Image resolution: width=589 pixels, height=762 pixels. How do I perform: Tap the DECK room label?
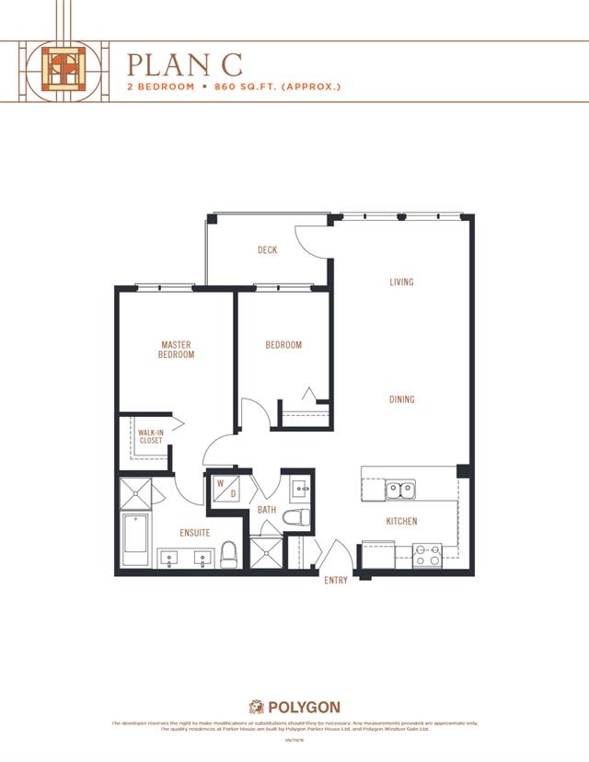[267, 250]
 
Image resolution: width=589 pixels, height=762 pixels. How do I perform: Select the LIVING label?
[400, 283]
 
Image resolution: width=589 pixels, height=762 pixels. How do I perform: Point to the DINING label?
[401, 399]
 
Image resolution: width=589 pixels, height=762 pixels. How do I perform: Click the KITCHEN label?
[401, 522]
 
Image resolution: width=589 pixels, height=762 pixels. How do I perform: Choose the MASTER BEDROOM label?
[176, 350]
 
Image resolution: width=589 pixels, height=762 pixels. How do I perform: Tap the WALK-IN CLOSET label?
[150, 436]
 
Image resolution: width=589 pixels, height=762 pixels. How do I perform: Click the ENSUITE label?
[194, 533]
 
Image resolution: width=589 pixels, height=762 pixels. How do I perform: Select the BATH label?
[267, 509]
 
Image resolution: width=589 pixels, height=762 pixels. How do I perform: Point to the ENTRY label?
[336, 581]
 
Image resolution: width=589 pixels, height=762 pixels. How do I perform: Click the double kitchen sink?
[398, 489]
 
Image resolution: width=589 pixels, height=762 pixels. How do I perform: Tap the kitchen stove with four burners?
[428, 555]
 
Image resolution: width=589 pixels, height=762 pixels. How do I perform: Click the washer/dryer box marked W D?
[226, 489]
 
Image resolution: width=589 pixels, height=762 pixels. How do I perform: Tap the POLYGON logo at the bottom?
[294, 707]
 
